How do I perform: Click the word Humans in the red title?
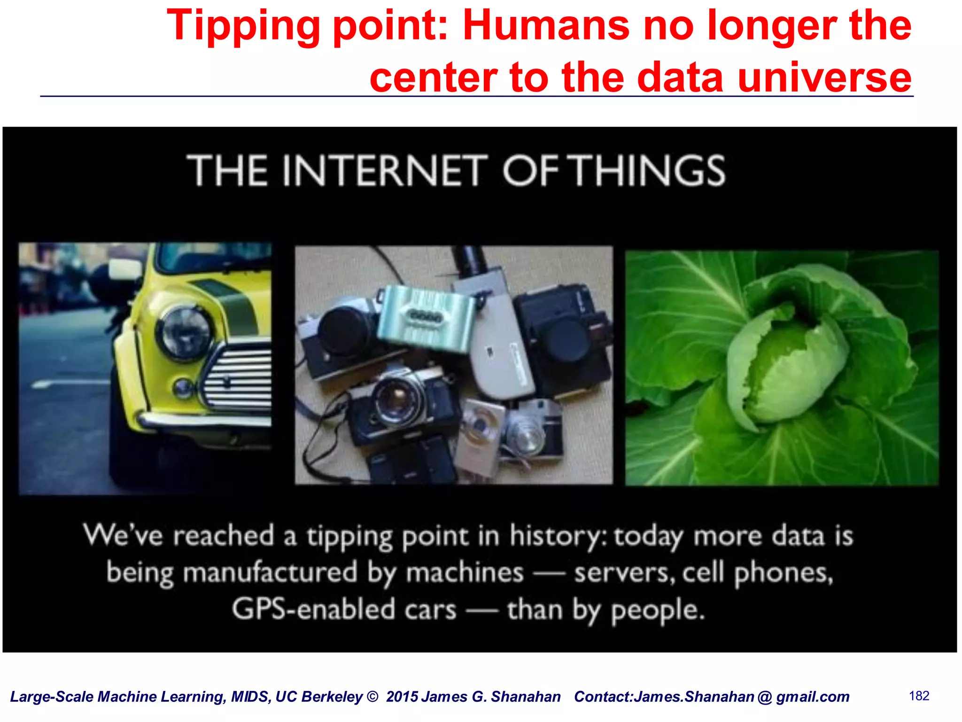pos(546,25)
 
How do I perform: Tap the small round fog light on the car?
pos(182,388)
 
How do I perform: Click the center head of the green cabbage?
pos(789,371)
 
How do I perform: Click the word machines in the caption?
pos(465,573)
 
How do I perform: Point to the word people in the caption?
pos(658,611)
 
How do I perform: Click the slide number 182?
pos(919,696)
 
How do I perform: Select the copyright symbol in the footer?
pos(372,697)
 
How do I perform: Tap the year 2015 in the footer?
pos(402,697)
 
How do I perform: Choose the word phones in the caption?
pos(783,573)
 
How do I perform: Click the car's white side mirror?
pos(124,268)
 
